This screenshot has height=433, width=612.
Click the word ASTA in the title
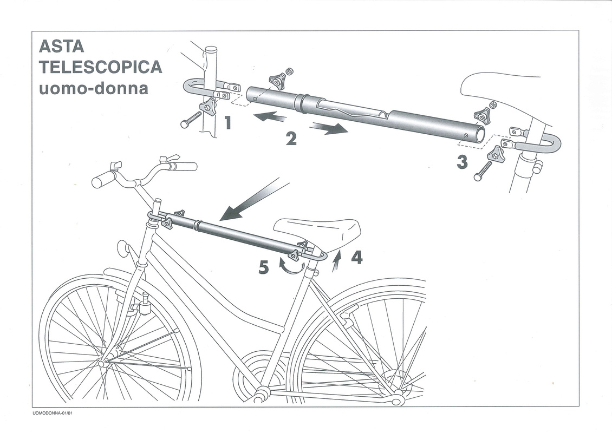(61, 47)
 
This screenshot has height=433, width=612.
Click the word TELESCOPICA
(100, 67)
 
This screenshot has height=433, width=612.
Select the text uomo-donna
(94, 88)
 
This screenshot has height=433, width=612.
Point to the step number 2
(291, 139)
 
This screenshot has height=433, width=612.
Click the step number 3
(462, 162)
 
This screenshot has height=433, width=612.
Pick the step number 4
(357, 258)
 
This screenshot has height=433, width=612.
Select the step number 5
(264, 267)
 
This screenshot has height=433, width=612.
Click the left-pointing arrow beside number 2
(269, 116)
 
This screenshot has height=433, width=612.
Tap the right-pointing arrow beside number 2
(329, 128)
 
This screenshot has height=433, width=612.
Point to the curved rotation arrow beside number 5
(291, 267)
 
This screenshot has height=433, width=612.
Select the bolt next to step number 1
(192, 119)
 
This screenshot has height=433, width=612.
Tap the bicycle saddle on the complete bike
(316, 231)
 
